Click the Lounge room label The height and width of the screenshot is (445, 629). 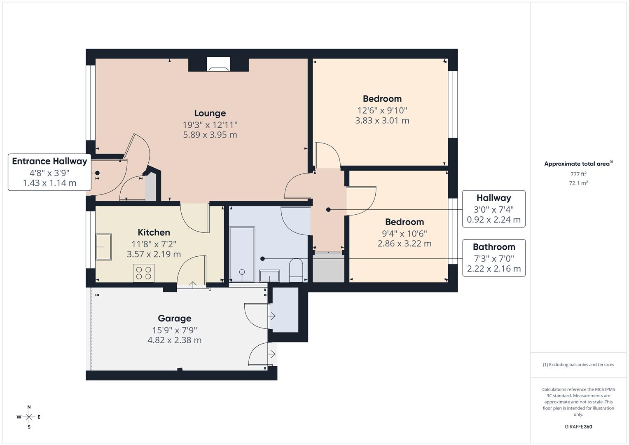click(x=210, y=113)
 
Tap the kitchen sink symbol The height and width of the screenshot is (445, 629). click(x=103, y=247)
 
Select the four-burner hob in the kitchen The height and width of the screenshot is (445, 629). click(x=143, y=273)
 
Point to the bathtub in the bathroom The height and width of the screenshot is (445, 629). click(x=242, y=254)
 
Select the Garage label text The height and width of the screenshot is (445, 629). click(x=174, y=319)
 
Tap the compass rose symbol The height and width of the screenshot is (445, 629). click(x=29, y=417)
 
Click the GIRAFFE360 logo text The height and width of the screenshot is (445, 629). click(x=578, y=426)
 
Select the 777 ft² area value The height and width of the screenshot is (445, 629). click(x=578, y=174)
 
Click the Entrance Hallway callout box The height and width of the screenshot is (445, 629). click(x=49, y=172)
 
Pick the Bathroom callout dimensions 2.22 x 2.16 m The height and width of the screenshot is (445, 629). click(x=493, y=269)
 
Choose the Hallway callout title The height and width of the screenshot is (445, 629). click(x=493, y=198)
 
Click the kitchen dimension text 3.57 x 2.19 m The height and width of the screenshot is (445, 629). click(x=154, y=254)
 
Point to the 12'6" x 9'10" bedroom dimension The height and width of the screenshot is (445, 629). click(x=382, y=110)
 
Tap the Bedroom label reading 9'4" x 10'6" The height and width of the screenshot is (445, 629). click(x=404, y=222)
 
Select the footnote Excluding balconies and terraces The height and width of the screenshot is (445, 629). click(x=578, y=365)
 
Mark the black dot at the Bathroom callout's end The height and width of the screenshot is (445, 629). click(x=262, y=259)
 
